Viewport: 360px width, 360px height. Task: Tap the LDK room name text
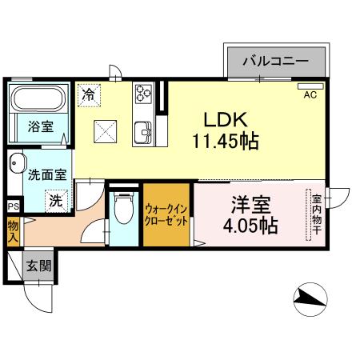[228, 121]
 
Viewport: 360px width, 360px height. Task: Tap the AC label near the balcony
[310, 94]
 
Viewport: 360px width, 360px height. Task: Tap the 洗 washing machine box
[55, 200]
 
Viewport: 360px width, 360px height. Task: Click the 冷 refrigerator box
[89, 94]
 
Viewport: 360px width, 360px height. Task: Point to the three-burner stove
[142, 94]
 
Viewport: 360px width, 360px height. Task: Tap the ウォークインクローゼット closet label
[166, 215]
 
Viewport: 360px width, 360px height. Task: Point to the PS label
[13, 206]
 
